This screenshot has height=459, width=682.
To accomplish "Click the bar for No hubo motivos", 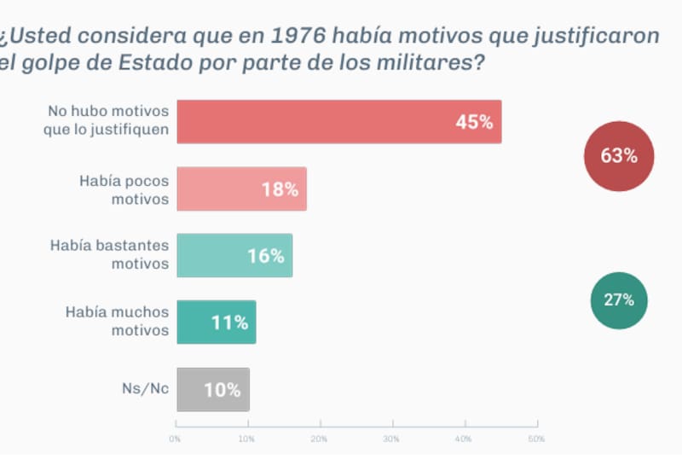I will pos(338,122).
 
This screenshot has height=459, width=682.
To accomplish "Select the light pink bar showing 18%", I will pos(241,189).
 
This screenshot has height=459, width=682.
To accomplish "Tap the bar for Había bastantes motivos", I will pos(234,255).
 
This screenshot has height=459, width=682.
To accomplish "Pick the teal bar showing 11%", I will pos(217,322).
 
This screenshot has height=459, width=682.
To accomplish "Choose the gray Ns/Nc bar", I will pos(213,390).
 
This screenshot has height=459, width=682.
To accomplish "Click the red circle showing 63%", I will pos(619,156).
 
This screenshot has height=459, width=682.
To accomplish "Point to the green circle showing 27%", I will pos(619,300).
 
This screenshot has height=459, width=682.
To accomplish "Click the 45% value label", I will pos(474,122).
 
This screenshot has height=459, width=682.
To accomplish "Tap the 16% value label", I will pos(266,256).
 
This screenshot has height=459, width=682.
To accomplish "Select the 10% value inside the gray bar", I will pos(222,390).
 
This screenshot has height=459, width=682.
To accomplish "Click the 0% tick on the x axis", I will pos(175,439).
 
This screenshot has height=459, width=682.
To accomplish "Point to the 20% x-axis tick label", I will pos(319,439).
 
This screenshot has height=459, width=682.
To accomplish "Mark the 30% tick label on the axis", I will pos(391,439).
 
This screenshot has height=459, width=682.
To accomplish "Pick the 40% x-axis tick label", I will pos(464,439).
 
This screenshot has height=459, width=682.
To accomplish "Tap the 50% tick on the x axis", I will pos(536,439).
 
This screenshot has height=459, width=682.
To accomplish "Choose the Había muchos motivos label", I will pos(118,322).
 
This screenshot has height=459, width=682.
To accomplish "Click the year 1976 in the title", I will pos(297,38).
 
